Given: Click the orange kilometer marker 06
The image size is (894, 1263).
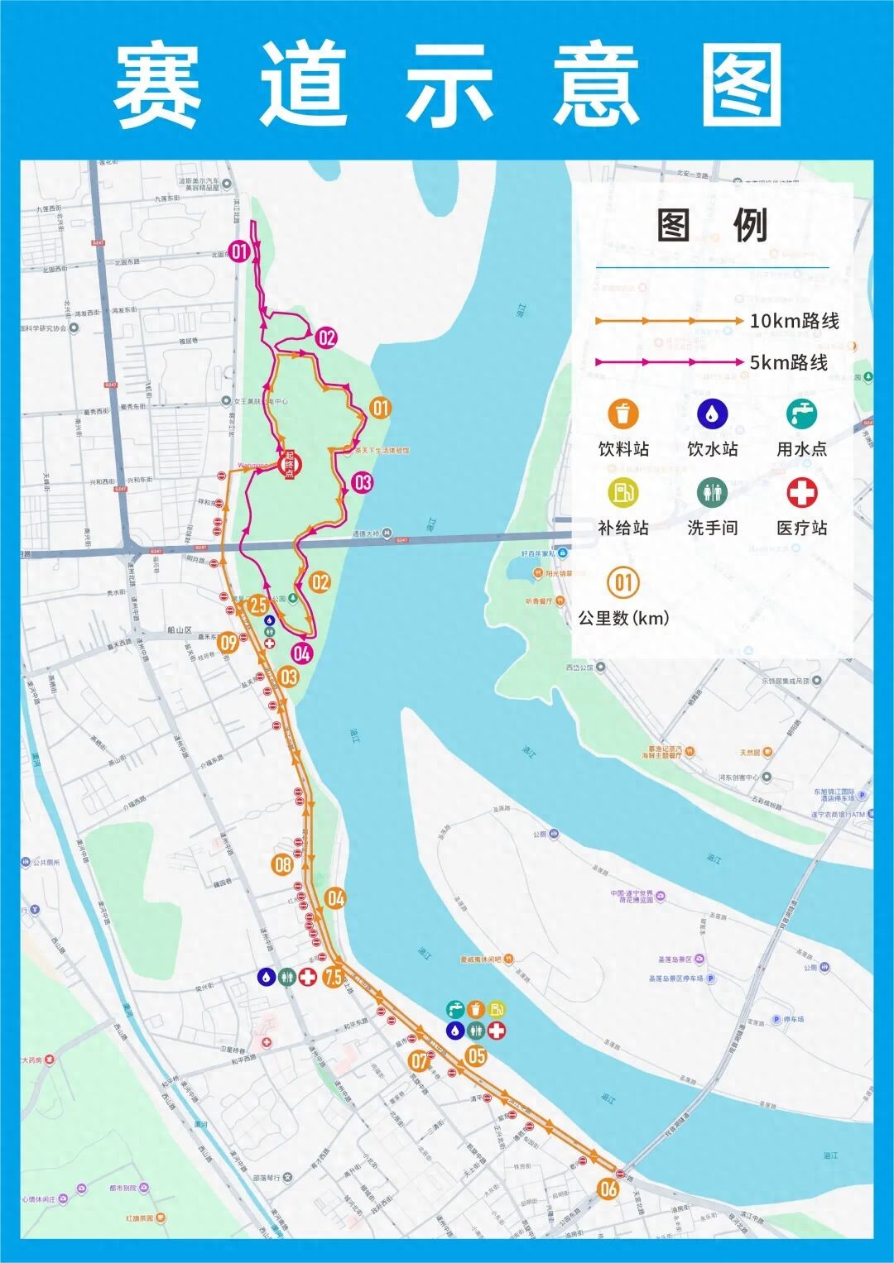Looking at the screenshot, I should pyautogui.click(x=608, y=1189).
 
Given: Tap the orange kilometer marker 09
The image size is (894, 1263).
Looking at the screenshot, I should pyautogui.click(x=228, y=642).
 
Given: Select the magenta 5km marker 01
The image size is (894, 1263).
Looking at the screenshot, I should pyautogui.click(x=239, y=251).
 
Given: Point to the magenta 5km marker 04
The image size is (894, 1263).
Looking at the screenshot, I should pyautogui.click(x=301, y=653).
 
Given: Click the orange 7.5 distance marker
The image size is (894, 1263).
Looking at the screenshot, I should pyautogui.click(x=334, y=977).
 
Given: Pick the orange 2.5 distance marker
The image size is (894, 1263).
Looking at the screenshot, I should pyautogui.click(x=257, y=605).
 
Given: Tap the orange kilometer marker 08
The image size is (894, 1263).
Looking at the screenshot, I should pyautogui.click(x=283, y=865).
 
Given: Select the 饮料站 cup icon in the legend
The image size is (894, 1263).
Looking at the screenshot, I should pyautogui.click(x=622, y=414).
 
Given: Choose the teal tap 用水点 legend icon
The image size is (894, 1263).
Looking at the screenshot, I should pyautogui.click(x=801, y=414).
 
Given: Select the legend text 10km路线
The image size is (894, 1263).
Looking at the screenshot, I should pyautogui.click(x=794, y=321).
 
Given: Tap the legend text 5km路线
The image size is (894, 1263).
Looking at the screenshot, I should pyautogui.click(x=788, y=362).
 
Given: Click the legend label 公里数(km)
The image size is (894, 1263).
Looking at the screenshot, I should pyautogui.click(x=623, y=618).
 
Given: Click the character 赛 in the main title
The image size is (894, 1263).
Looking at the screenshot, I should pyautogui.click(x=157, y=85).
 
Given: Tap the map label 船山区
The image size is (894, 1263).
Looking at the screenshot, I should pyautogui.click(x=180, y=629).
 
